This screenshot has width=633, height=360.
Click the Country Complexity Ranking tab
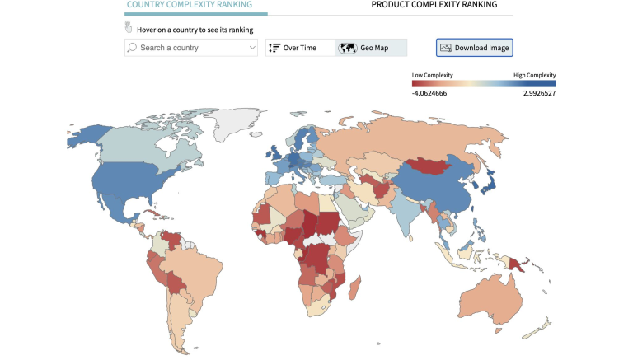195,5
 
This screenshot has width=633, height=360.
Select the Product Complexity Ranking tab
434,5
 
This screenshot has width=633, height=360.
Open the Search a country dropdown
191,48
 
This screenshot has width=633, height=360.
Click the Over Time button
293,48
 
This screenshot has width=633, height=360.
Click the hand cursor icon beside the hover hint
129,27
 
